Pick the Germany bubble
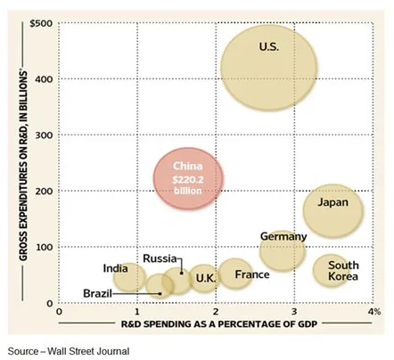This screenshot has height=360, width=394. pos(283,249)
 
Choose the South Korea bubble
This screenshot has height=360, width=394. pos(338,270)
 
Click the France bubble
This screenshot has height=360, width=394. pos(235,274)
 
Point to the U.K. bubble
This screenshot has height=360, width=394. pos(205,279)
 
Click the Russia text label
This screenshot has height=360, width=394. pos(160,259)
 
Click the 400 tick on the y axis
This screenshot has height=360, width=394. pos(42,78)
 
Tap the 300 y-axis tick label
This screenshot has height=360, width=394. pos(42,135)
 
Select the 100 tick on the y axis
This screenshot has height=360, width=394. pos(42,247)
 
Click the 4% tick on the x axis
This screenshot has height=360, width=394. pos(373,312)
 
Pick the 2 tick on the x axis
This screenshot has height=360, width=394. pos(216,312)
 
